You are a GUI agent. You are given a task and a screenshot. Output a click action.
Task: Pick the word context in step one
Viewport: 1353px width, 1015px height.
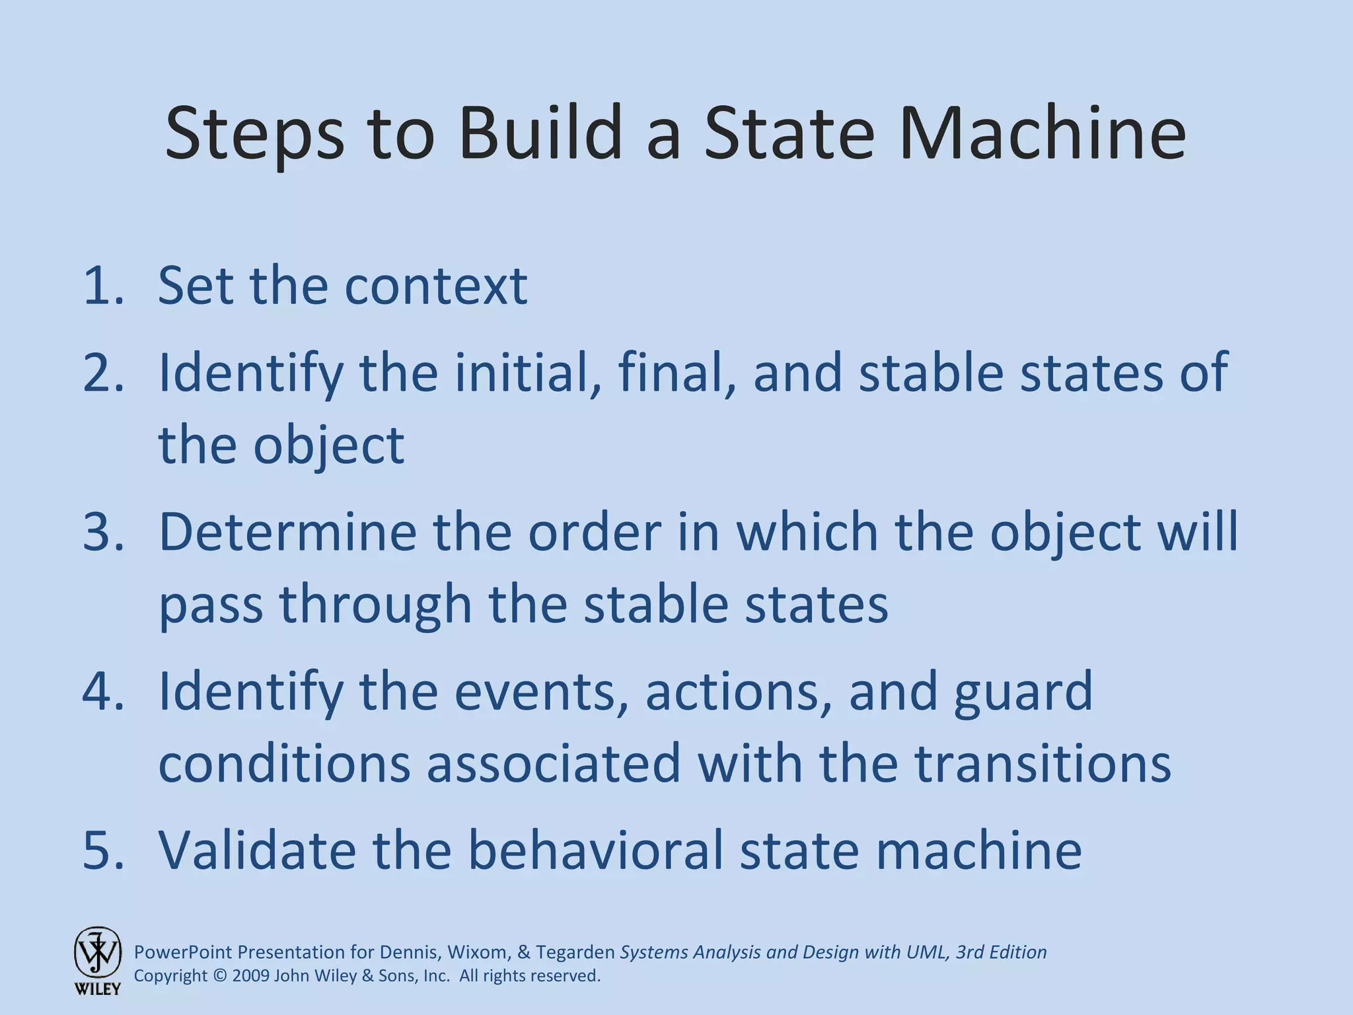436,285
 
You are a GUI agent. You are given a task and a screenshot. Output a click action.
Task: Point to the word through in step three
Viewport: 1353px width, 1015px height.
375,604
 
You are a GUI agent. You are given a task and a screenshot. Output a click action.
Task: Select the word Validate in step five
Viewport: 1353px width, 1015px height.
258,850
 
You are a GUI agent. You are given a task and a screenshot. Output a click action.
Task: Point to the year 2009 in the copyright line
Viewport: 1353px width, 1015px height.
250,976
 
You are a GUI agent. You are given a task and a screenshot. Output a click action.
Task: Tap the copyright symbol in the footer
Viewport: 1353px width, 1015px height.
220,976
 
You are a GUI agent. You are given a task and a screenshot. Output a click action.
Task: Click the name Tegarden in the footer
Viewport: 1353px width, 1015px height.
575,952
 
